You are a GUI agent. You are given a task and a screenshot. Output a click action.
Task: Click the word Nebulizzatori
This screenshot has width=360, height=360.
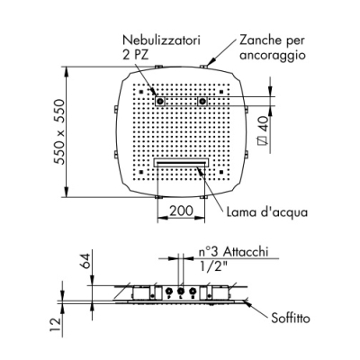tap(162, 40)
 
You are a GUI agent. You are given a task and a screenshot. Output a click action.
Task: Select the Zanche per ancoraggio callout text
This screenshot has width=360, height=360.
tap(272, 48)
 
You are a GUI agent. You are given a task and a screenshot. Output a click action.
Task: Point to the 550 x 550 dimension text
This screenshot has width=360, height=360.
tap(59, 132)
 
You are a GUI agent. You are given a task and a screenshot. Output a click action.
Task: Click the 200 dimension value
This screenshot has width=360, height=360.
tap(181, 211)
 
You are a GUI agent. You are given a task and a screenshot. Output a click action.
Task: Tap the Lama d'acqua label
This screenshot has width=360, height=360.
tap(267, 212)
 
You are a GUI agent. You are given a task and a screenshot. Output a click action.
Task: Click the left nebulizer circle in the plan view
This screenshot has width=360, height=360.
tap(160, 101)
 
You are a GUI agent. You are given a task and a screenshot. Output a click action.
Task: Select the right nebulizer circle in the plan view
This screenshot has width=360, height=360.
tap(202, 101)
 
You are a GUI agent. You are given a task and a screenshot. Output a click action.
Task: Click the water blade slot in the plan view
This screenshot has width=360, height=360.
tap(181, 163)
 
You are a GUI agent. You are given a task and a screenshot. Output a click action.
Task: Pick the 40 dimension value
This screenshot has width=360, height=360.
tap(264, 124)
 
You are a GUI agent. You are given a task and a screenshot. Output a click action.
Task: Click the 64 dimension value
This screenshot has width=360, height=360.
tap(85, 261)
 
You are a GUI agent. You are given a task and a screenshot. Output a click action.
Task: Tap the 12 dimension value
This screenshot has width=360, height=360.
tap(56, 325)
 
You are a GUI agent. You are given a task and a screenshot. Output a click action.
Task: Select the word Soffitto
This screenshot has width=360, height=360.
tap(291, 318)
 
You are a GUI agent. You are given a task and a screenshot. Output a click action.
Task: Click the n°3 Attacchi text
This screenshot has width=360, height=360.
tap(233, 252)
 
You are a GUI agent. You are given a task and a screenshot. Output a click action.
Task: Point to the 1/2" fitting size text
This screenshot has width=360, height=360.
tap(211, 265)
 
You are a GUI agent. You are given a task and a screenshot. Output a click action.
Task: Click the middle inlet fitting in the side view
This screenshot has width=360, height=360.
tap(181, 291)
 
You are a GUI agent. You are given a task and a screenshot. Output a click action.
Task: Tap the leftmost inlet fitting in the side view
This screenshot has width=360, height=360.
tap(169, 291)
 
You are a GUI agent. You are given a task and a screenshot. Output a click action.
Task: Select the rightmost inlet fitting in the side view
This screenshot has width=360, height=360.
tap(193, 291)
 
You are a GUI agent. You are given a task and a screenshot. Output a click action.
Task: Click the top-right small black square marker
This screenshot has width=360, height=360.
tap(221, 92)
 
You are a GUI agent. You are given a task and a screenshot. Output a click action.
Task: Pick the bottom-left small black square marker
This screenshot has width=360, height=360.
tap(141, 172)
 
